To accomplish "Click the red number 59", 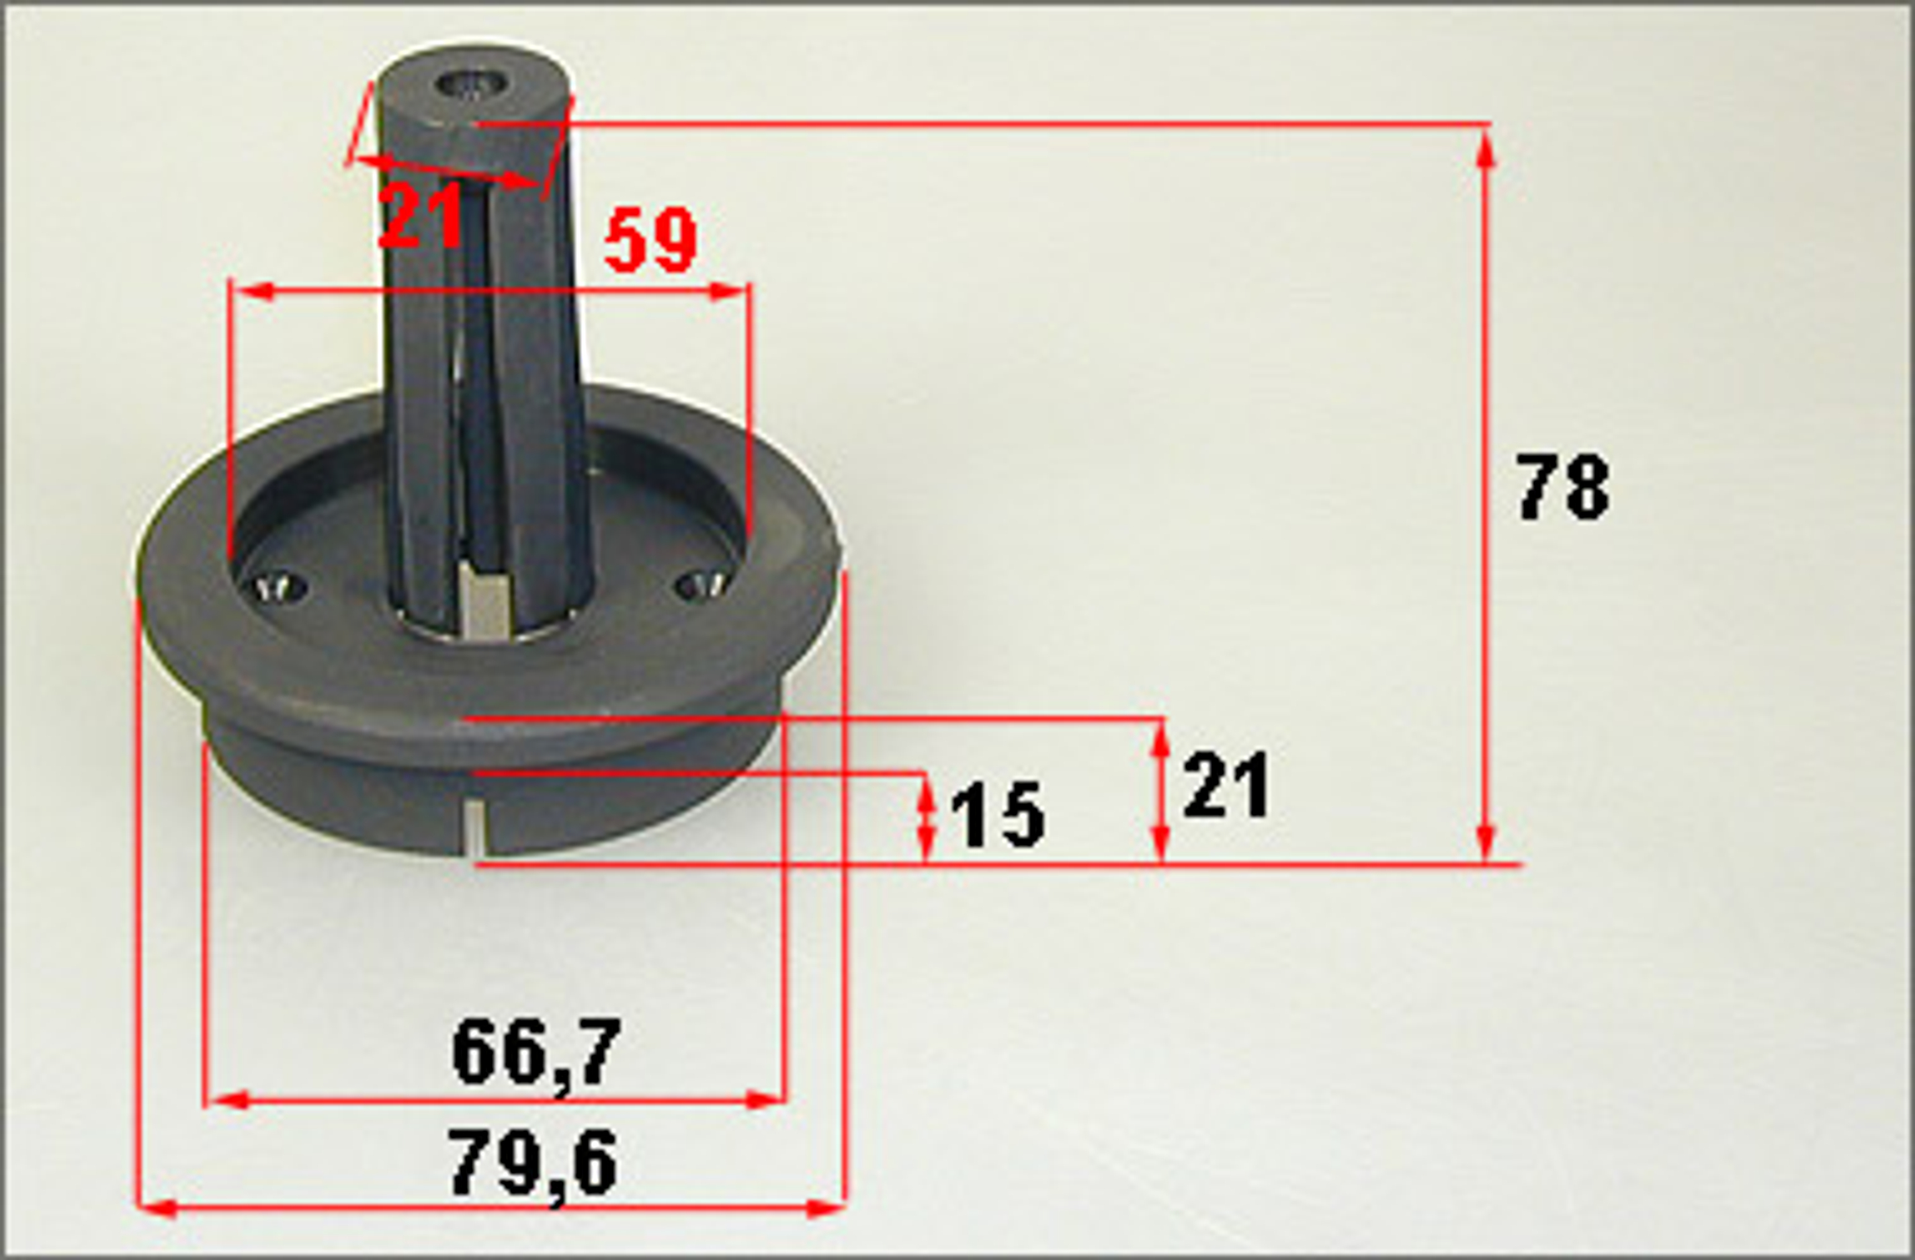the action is pos(650,240).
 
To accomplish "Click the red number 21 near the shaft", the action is pos(420,215).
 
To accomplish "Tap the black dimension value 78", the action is pos(1563,487).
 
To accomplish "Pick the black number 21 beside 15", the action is pos(1226,784).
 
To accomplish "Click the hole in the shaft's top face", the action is pos(472,84).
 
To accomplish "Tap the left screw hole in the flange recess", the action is pos(280,587).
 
